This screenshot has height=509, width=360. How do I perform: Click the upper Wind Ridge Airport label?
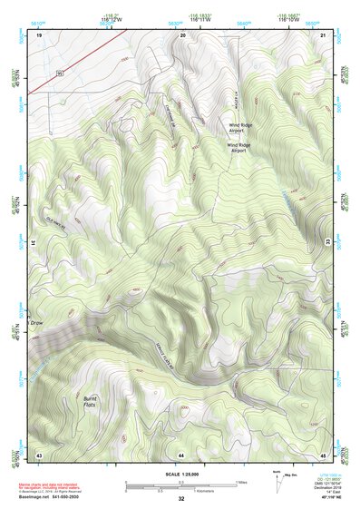240,128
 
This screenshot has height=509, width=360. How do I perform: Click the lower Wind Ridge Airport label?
238,146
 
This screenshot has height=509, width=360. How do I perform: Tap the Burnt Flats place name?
89,400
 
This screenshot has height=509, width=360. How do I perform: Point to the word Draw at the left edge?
37,322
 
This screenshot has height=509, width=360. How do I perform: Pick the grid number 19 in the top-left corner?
39,34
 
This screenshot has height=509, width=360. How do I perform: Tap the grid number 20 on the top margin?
182,34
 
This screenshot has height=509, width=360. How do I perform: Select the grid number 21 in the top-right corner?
324,34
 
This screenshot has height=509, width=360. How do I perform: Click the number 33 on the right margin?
328,242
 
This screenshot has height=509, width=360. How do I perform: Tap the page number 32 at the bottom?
181,499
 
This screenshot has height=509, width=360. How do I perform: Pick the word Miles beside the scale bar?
240,481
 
